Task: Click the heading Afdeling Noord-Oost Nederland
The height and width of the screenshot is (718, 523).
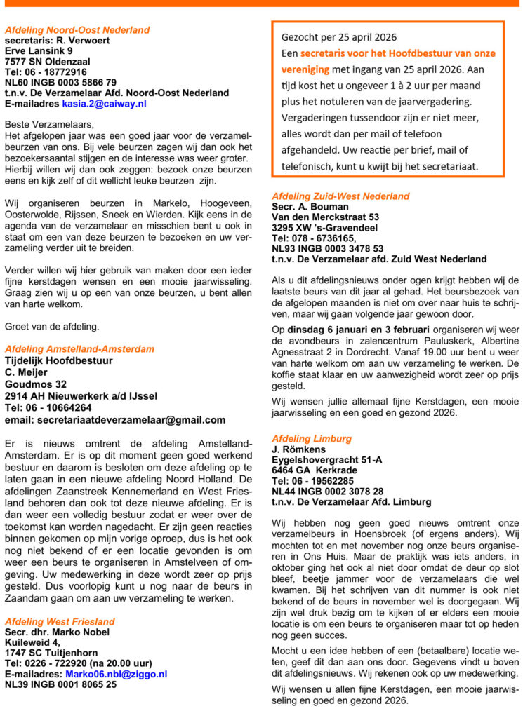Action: [x=77, y=30]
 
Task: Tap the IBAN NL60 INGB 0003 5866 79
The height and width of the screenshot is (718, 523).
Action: [x=61, y=82]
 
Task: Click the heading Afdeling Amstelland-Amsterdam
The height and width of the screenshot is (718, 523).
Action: [x=79, y=349]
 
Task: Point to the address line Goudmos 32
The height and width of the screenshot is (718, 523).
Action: [x=36, y=384]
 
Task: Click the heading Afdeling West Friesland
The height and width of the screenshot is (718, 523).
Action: [x=60, y=622]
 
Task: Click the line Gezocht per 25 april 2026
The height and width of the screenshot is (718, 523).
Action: [x=339, y=37]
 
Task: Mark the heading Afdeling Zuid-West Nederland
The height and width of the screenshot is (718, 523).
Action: [x=340, y=196]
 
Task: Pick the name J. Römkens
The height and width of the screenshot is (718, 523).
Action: [x=300, y=449]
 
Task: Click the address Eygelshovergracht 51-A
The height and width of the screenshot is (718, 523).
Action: [x=326, y=460]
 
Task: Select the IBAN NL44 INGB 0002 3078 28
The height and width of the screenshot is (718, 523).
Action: [x=328, y=492]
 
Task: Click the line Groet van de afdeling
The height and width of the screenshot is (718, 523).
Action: [x=53, y=325]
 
